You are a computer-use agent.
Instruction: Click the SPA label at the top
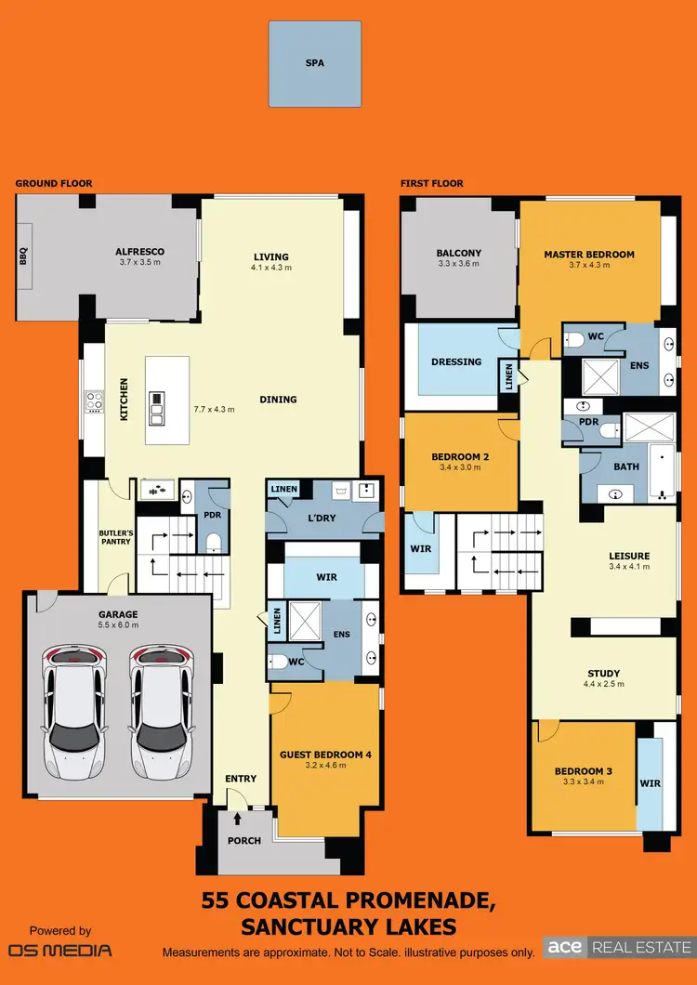coord(315,65)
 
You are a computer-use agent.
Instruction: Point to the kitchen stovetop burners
coord(94,401)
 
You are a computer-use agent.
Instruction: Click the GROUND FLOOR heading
coord(54,184)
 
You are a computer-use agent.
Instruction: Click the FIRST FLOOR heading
coord(431,184)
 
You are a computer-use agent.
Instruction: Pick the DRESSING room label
coord(456,361)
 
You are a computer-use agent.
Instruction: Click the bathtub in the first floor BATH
coord(662,469)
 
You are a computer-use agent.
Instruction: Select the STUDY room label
coord(603,674)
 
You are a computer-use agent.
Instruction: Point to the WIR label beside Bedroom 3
coord(650,783)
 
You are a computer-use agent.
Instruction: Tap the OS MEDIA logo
coord(59,950)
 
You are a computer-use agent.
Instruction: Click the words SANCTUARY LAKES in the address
coord(348,926)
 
